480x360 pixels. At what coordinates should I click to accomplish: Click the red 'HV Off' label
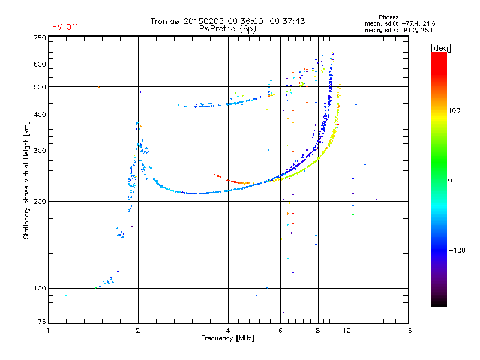[x=65, y=27]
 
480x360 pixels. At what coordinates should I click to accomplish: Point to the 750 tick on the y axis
[x=40, y=37]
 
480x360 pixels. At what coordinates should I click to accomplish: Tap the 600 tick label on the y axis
[x=40, y=64]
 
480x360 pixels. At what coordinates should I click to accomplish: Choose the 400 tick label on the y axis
[x=40, y=115]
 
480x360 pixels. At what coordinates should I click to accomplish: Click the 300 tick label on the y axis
[x=40, y=151]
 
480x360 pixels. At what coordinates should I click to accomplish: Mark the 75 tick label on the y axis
[x=41, y=323]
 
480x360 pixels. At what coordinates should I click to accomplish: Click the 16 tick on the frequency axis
[x=407, y=331]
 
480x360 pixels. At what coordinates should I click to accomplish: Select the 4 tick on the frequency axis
[x=228, y=331]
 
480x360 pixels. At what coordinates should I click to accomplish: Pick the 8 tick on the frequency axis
[x=318, y=331]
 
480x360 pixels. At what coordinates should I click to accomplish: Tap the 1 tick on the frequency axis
[x=48, y=331]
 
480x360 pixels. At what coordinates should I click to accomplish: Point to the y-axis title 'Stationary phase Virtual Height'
[x=26, y=180]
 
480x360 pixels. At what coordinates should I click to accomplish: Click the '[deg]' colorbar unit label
[x=442, y=47]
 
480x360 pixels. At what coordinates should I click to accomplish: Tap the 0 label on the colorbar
[x=451, y=180]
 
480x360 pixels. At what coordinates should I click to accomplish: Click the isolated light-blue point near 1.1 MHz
[x=65, y=295]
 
